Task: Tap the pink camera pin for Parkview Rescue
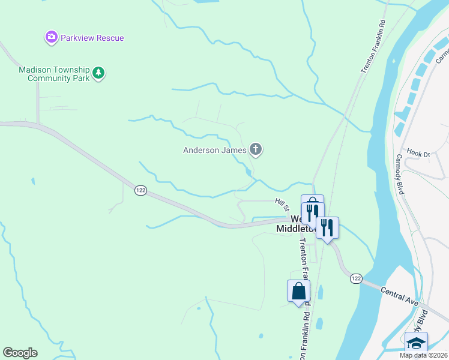pos(52,38)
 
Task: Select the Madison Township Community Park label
pos(53,74)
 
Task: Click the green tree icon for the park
pos(98,74)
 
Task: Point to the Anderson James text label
pos(215,150)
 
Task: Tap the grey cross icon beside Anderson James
pos(256,149)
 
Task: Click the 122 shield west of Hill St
pos(140,190)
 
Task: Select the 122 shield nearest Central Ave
pos(356,278)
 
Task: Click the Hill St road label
pos(282,204)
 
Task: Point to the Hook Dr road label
pos(418,153)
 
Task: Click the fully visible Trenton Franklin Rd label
pos(372,47)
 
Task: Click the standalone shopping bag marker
pos(298,292)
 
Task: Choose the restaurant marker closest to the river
pos(327,227)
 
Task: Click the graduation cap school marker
pos(416,343)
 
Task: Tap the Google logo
pos(20,353)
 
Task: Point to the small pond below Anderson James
pos(249,172)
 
